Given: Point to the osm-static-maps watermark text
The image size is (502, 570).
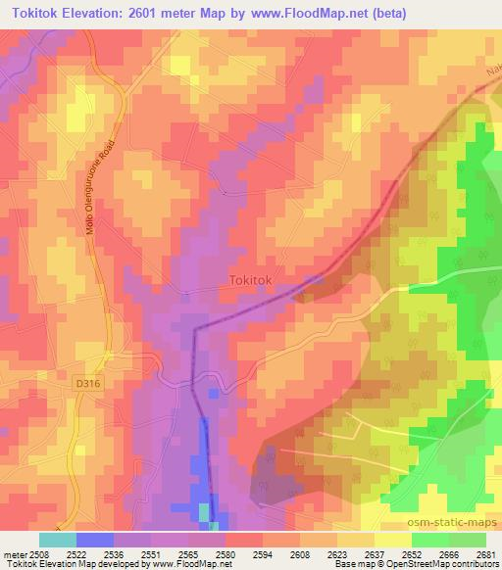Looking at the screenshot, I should [x=456, y=520].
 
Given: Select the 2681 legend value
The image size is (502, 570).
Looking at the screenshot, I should [x=483, y=554].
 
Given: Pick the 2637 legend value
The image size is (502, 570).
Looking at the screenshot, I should [x=375, y=554].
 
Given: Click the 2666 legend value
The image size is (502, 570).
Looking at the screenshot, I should [x=448, y=554].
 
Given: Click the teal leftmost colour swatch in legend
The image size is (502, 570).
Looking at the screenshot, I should [x=58, y=540].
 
